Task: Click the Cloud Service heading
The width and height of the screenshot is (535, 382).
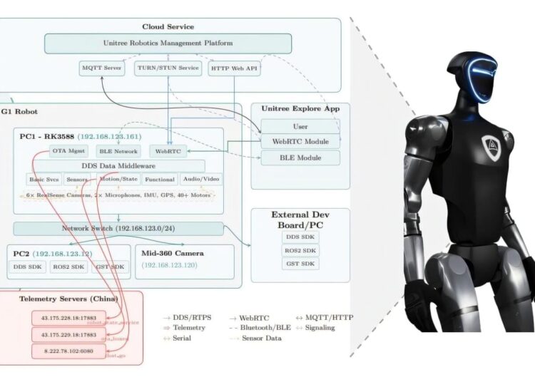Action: (x=168, y=26)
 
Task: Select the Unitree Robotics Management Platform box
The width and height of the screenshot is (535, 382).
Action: (x=168, y=43)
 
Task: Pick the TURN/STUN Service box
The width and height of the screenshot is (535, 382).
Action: (x=168, y=69)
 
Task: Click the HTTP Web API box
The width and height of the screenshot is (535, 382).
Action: (x=233, y=69)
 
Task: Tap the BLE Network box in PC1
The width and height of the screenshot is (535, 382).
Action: (x=118, y=151)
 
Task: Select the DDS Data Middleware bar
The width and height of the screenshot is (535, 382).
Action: (x=118, y=165)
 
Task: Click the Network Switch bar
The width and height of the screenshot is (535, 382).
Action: (x=118, y=229)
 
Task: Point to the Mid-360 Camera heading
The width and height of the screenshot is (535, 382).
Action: (x=173, y=253)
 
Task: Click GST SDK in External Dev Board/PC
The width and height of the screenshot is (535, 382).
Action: (x=300, y=264)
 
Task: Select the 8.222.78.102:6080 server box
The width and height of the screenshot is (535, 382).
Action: (x=64, y=350)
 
